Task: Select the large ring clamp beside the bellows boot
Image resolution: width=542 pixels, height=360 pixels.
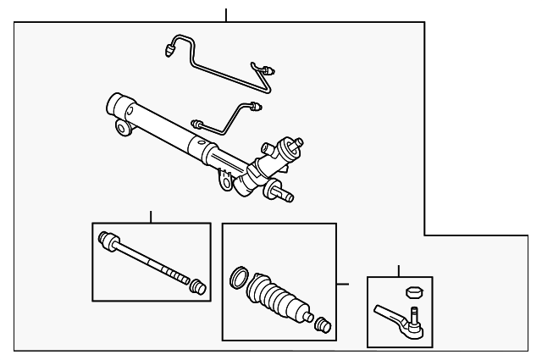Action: click(x=239, y=278)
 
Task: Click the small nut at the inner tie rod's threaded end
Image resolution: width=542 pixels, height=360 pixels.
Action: click(x=199, y=286)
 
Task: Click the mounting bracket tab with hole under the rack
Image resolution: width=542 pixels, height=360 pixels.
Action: click(x=225, y=180)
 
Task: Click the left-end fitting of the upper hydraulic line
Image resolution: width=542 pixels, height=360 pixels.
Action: click(x=169, y=50)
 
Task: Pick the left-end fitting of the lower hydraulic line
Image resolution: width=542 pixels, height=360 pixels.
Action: click(x=196, y=123)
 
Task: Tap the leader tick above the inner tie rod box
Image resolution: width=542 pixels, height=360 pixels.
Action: click(x=151, y=216)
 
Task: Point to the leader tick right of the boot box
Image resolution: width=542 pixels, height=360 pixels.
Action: click(x=343, y=284)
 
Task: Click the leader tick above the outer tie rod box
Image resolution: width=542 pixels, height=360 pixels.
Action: click(x=399, y=270)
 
